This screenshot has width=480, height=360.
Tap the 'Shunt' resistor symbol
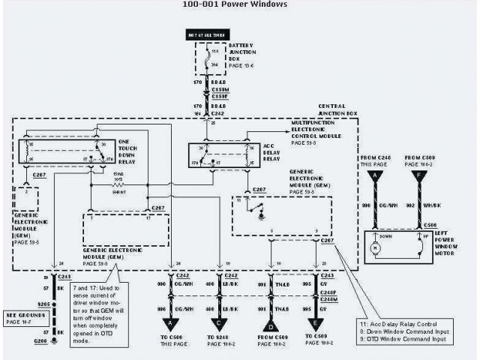[x=118, y=184]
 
